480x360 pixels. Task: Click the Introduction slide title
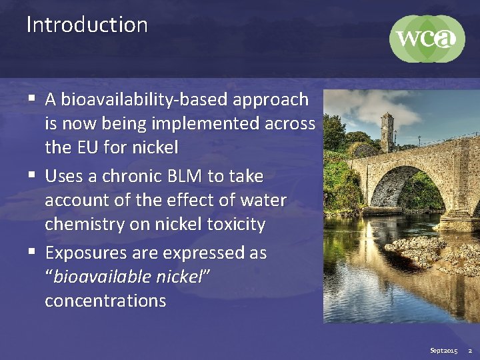pyautogui.click(x=87, y=25)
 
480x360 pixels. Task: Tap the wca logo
pyautogui.click(x=427, y=38)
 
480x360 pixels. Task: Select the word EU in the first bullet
pyautogui.click(x=85, y=147)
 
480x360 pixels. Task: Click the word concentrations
pyautogui.click(x=105, y=301)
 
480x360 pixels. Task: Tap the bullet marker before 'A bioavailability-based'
pyautogui.click(x=32, y=100)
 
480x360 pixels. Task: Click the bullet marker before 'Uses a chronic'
pyautogui.click(x=32, y=177)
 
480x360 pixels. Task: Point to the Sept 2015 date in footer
pyautogui.click(x=444, y=350)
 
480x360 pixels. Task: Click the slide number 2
pyautogui.click(x=469, y=350)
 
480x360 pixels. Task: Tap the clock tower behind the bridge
pyautogui.click(x=387, y=133)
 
